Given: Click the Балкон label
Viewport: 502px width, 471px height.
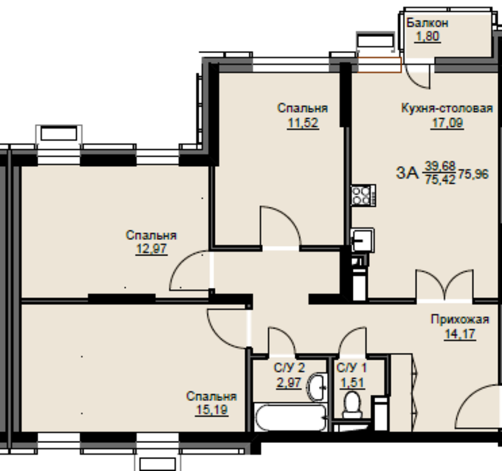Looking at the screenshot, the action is pyautogui.click(x=427, y=23).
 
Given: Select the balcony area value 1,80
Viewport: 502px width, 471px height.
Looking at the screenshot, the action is pyautogui.click(x=428, y=36).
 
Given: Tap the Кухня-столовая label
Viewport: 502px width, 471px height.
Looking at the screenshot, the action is pyautogui.click(x=447, y=108).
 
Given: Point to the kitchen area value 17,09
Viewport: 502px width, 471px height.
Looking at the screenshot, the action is pyautogui.click(x=447, y=122).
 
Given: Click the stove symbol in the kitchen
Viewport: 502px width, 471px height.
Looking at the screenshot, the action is pyautogui.click(x=364, y=195).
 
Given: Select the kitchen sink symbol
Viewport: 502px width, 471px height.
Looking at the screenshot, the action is pyautogui.click(x=363, y=240).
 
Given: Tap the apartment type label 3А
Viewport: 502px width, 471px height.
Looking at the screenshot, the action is pyautogui.click(x=407, y=173).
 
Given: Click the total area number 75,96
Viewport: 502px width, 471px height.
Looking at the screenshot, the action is pyautogui.click(x=473, y=174).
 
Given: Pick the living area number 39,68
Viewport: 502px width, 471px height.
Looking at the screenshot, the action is pyautogui.click(x=440, y=166).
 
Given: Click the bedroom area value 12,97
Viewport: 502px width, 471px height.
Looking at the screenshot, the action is pyautogui.click(x=152, y=249).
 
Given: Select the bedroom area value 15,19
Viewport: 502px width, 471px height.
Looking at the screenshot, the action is pyautogui.click(x=211, y=410).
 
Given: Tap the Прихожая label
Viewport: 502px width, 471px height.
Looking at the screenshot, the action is pyautogui.click(x=460, y=319).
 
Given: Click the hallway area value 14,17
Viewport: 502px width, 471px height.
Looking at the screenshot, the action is pyautogui.click(x=460, y=334).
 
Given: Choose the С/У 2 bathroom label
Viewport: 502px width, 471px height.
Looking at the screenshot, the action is pyautogui.click(x=289, y=368).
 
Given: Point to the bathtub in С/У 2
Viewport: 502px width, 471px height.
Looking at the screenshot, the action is pyautogui.click(x=291, y=417).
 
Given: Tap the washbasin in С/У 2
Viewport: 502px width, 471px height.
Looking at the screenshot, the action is pyautogui.click(x=316, y=387).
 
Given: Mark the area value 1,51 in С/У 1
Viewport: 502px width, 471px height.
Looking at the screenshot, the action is pyautogui.click(x=353, y=382).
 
